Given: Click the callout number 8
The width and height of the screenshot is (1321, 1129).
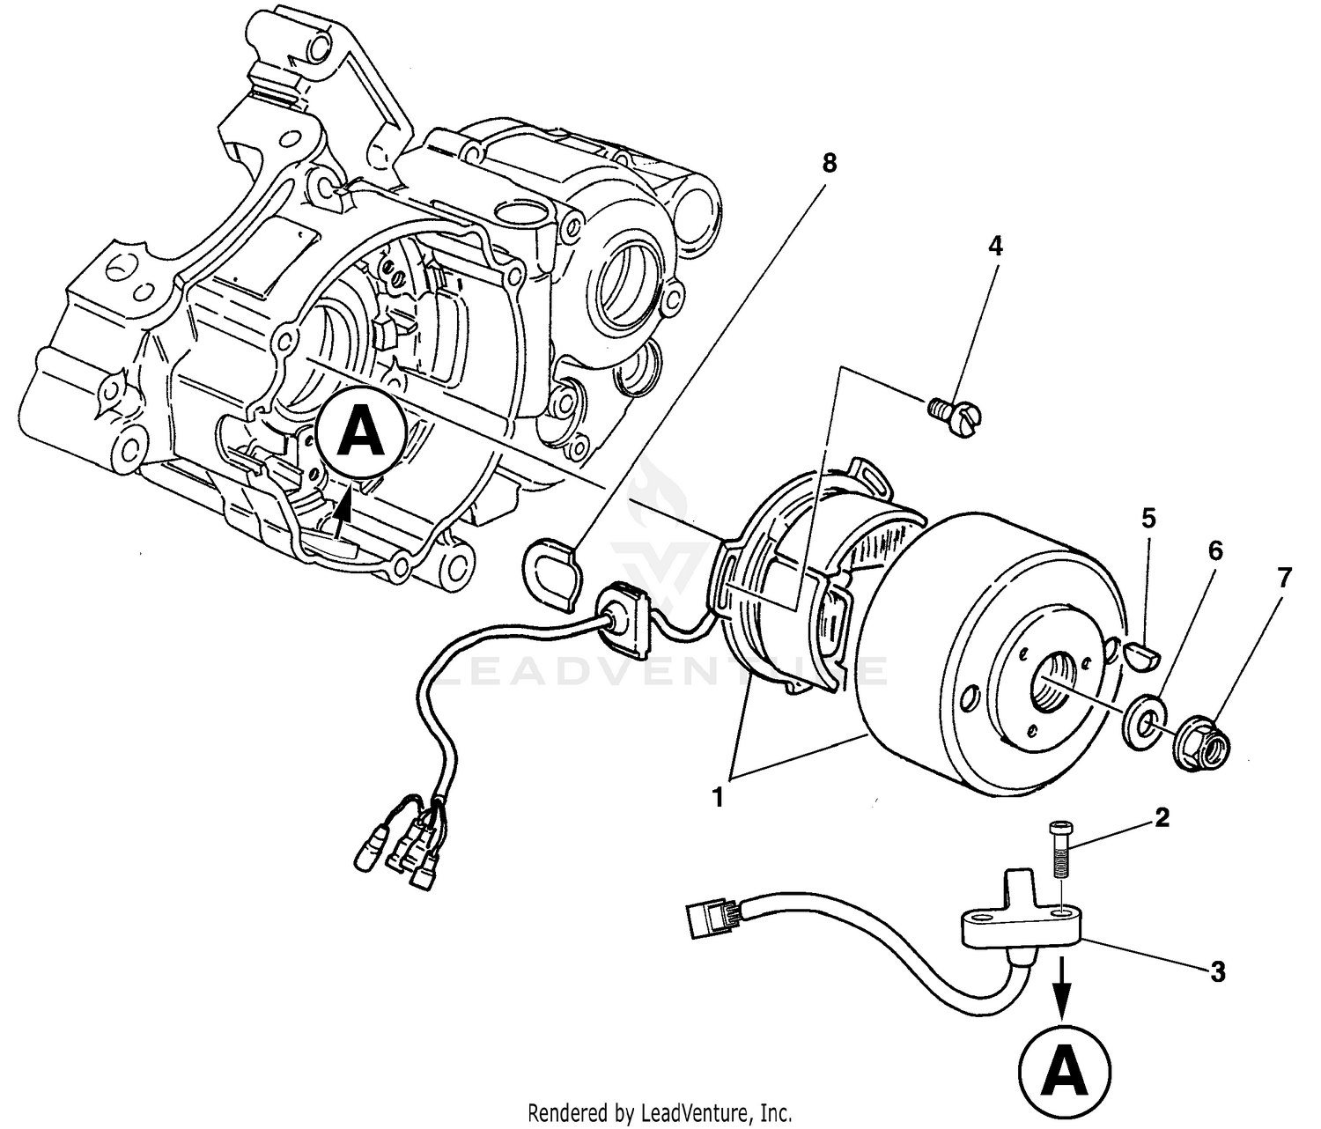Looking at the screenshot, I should click(x=828, y=163).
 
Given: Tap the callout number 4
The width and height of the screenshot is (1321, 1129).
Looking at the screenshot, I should click(x=995, y=246).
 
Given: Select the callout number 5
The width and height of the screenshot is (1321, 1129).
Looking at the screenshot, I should click(x=1148, y=518).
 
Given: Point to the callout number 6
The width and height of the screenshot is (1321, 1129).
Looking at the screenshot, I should click(x=1214, y=551).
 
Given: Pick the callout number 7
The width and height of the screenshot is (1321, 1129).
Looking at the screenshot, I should click(x=1284, y=579).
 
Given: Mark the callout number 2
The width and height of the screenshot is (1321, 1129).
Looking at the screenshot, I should click(x=1162, y=818).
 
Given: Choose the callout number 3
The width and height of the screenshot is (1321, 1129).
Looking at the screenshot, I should click(x=1217, y=972).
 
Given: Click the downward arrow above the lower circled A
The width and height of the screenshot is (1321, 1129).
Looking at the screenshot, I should click(x=1065, y=995).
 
